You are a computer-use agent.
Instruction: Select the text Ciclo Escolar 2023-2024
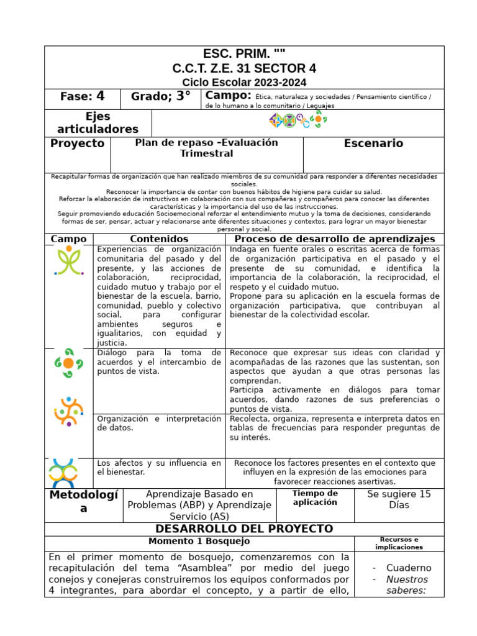pyautogui.click(x=244, y=83)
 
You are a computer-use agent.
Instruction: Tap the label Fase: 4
pyautogui.click(x=82, y=96)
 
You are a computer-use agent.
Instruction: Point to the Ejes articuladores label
pyautogui.click(x=98, y=123)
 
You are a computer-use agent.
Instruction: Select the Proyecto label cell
pyautogui.click(x=78, y=143)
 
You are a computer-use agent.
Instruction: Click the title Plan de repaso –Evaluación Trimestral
pyautogui.click(x=206, y=148)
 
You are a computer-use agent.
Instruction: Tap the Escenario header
pyautogui.click(x=373, y=143)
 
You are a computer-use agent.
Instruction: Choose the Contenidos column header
pyautogui.click(x=159, y=239)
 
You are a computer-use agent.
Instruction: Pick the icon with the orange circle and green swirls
pyautogui.click(x=68, y=363)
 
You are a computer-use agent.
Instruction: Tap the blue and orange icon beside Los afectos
pyautogui.click(x=63, y=473)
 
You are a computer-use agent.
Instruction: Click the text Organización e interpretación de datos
pyautogui.click(x=159, y=423)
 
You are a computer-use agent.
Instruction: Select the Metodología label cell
pyautogui.click(x=83, y=501)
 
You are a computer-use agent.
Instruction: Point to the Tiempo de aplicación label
pyautogui.click(x=315, y=497)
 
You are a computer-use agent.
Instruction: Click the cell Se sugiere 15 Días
pyautogui.click(x=399, y=499)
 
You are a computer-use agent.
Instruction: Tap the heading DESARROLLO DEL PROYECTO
pyautogui.click(x=244, y=529)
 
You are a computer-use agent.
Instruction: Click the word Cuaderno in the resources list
pyautogui.click(x=408, y=568)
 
